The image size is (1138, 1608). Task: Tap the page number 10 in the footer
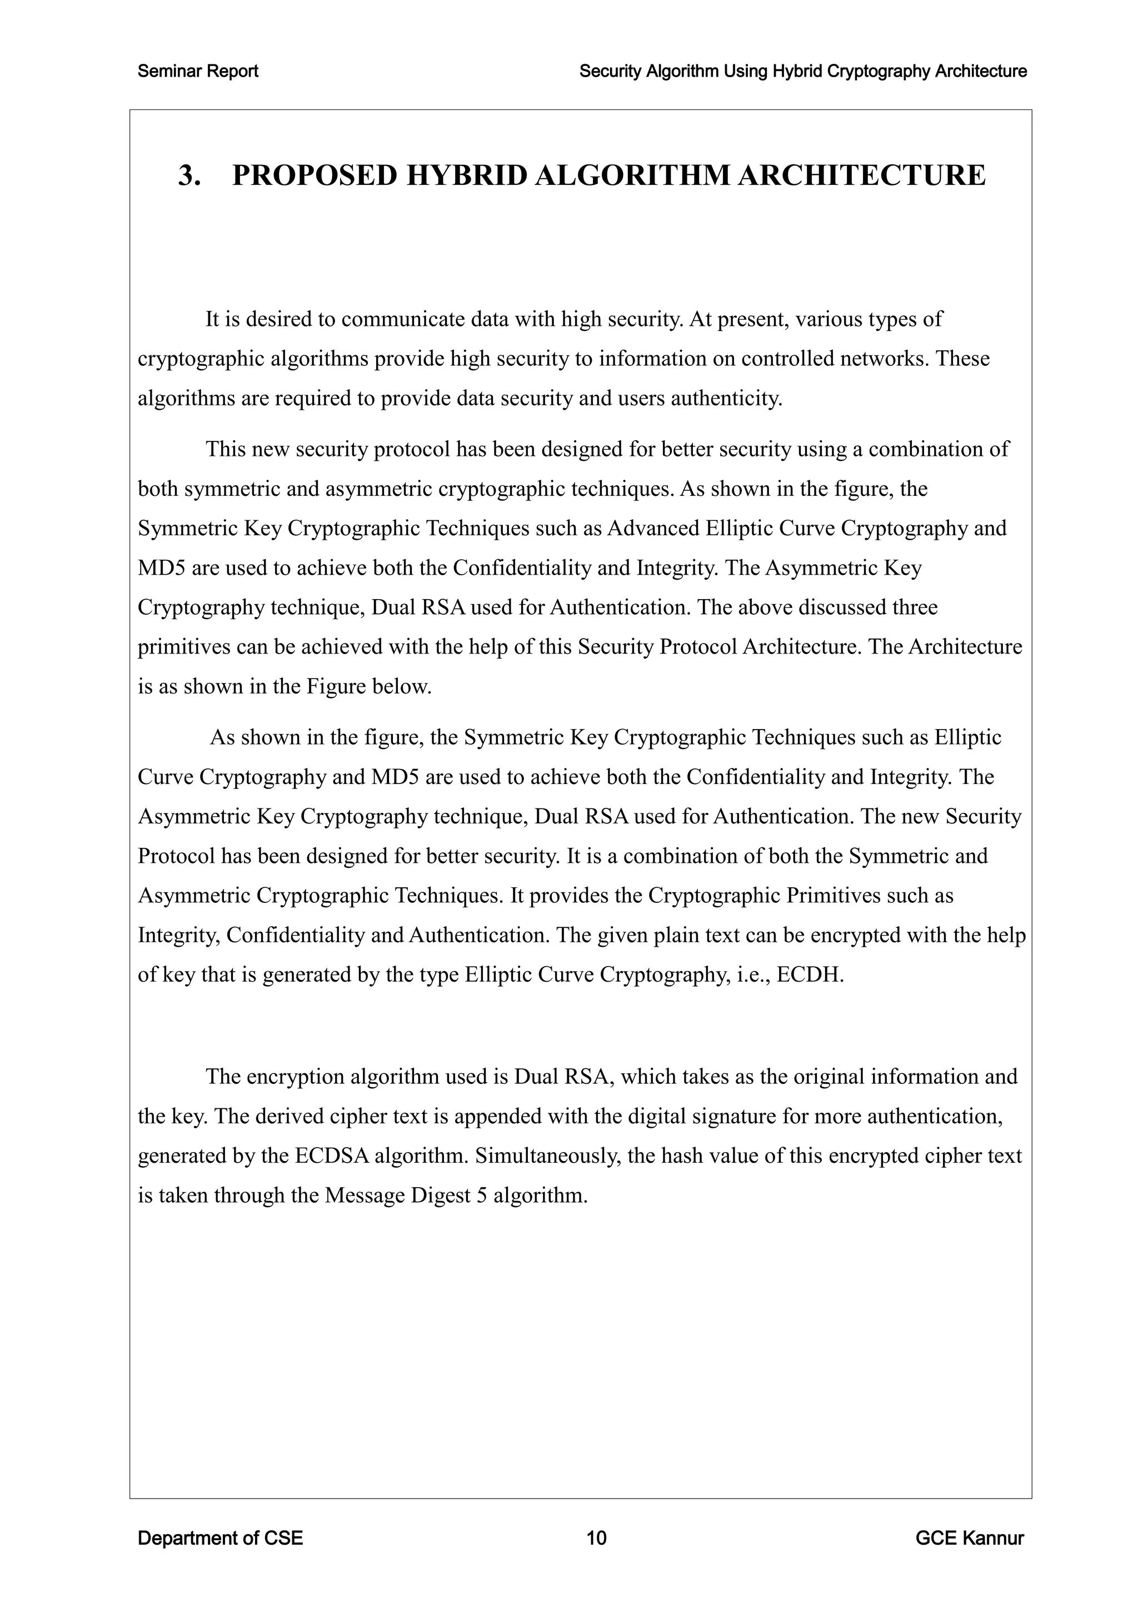point(596,1538)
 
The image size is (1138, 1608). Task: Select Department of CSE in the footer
point(220,1538)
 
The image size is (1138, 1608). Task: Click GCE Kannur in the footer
point(969,1538)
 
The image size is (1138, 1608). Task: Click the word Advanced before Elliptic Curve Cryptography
point(653,528)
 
